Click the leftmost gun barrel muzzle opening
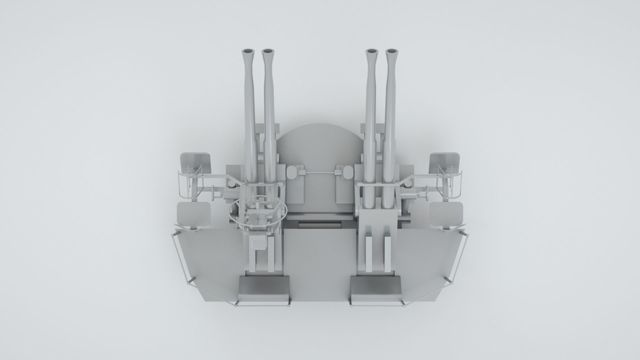pos(248,51)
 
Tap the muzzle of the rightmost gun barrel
pos(392,51)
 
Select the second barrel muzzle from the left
pos(268,51)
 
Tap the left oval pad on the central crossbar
pos(292,172)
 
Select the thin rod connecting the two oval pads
pos(320,172)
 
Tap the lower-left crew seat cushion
pos(194,214)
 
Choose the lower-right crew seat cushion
pos(446,214)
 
